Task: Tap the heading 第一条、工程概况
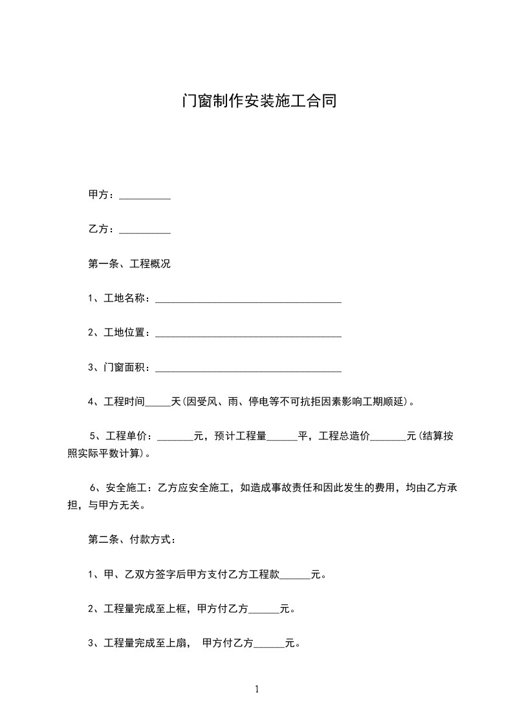129,264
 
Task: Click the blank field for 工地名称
248,300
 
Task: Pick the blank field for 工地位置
248,335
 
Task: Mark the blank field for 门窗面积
248,369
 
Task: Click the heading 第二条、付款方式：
132,540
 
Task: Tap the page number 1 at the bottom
257,690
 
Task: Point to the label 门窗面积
127,368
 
